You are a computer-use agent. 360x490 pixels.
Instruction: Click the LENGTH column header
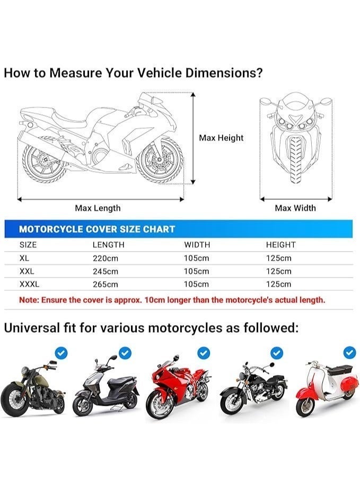(108, 245)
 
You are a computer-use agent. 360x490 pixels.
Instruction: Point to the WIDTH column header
(197, 245)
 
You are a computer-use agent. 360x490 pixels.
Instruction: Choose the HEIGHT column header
(280, 245)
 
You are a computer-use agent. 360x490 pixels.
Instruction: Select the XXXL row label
(29, 284)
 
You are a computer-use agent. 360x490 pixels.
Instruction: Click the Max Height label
(221, 138)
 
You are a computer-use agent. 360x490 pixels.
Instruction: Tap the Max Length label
(98, 208)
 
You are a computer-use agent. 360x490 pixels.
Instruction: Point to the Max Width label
(295, 208)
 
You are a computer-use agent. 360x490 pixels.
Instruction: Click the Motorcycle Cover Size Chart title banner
(97, 229)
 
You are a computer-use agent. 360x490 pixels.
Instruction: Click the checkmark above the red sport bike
(204, 352)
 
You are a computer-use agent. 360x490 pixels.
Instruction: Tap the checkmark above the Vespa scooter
(349, 352)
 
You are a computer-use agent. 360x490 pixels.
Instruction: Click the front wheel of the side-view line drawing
(160, 159)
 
